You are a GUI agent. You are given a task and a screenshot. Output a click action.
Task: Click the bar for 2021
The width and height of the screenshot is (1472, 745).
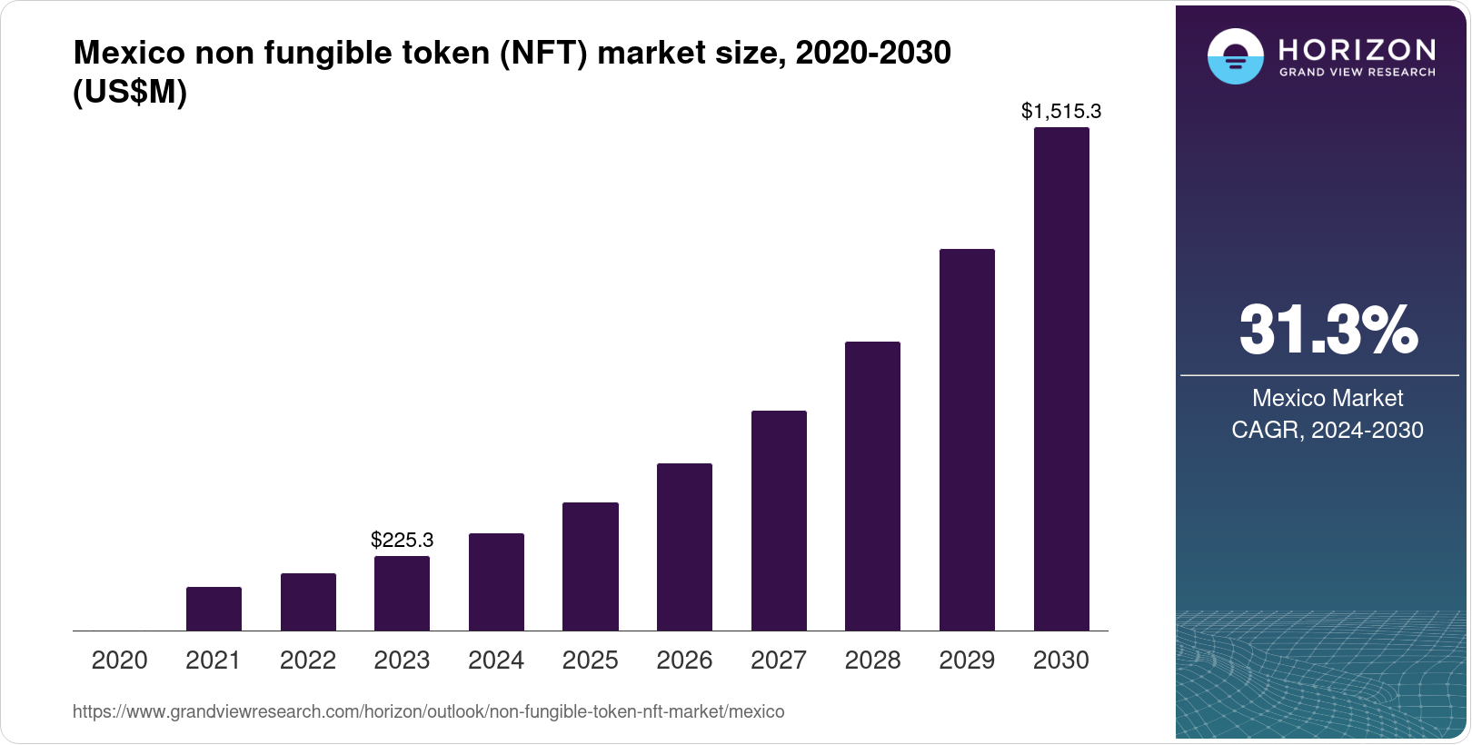214,609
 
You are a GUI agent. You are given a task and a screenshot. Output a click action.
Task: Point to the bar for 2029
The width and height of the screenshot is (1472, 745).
967,440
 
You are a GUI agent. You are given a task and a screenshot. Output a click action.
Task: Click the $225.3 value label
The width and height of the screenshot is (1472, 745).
402,540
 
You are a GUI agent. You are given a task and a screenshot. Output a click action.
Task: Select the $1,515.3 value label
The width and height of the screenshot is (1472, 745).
1061,111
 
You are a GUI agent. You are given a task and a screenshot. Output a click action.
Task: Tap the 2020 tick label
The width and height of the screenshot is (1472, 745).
119,661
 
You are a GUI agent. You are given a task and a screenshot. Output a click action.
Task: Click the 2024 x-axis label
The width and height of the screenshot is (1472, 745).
496,661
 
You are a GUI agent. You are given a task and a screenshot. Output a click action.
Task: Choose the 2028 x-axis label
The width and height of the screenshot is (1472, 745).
872,661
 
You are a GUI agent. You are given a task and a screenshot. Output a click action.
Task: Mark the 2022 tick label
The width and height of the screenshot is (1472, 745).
308,661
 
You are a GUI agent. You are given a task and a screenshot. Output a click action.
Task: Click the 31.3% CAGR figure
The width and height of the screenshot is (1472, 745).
1328,330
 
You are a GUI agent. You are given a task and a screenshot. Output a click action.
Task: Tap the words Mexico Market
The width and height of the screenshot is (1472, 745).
1328,398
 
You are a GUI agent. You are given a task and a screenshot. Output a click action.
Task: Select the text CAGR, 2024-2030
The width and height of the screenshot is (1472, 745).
1328,430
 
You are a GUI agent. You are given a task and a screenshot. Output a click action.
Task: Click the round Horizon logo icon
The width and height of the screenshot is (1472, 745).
1235,56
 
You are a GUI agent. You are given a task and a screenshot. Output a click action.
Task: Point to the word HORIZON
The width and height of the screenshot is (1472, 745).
1358,49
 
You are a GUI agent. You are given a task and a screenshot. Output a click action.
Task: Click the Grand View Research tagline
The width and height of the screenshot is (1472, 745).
1358,72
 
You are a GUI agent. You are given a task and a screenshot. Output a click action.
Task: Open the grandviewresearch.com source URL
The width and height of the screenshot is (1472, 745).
428,712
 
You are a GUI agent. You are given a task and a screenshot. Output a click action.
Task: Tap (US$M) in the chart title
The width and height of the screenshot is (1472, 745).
130,93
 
